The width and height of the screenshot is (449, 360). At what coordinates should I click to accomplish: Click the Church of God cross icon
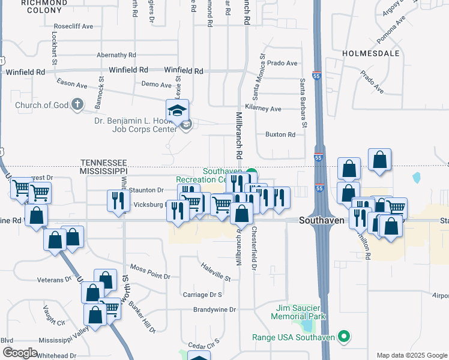76,105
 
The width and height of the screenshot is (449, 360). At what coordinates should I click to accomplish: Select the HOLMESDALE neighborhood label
371,53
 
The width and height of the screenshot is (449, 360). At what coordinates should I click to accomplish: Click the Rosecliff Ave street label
73,26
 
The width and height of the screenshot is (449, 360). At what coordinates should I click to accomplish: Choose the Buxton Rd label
280,134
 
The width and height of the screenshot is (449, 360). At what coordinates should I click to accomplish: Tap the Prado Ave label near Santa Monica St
283,63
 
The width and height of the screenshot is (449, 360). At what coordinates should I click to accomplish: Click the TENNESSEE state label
104,163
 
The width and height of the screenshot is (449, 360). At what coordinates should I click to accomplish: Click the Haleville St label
215,275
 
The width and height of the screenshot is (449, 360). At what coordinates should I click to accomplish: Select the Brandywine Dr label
215,310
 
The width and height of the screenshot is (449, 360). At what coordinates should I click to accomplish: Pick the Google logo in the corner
20,353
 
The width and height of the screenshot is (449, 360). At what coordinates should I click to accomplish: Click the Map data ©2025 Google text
411,355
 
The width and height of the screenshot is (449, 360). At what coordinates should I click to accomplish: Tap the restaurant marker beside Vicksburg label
118,200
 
